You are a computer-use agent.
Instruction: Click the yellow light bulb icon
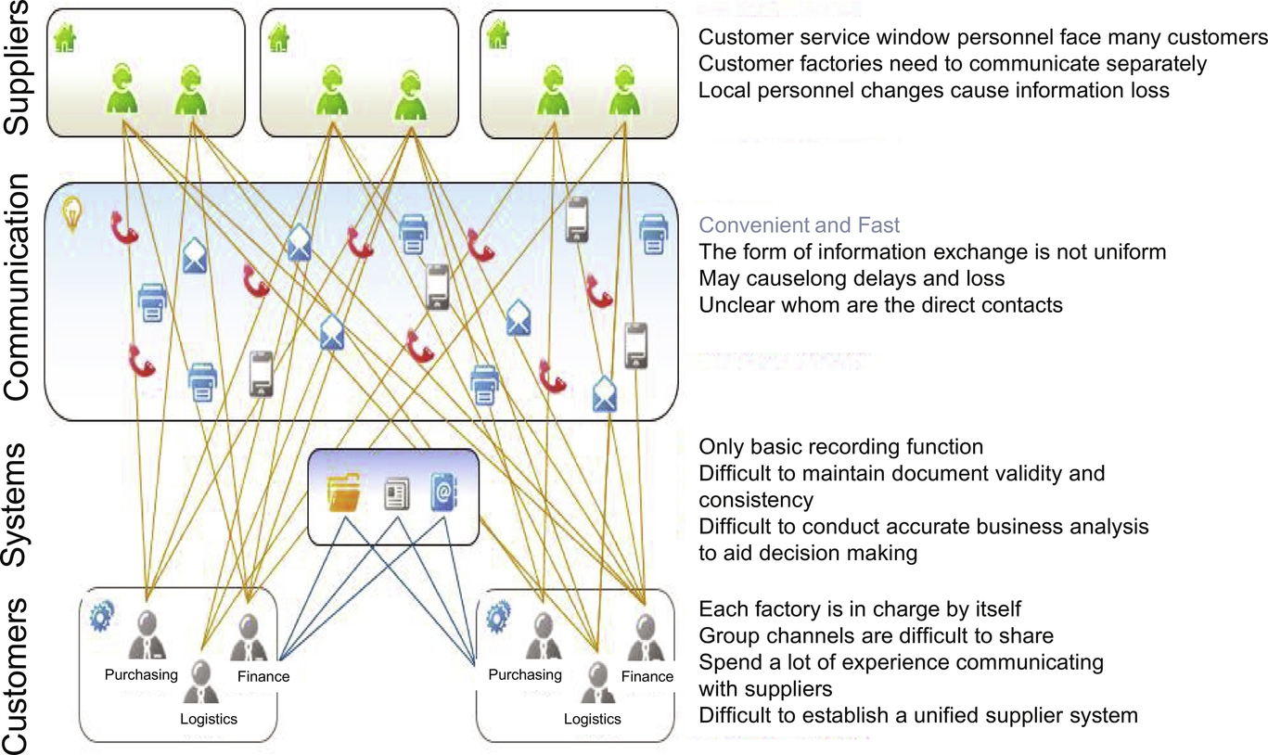(x=71, y=214)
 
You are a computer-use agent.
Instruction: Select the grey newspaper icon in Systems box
(x=396, y=494)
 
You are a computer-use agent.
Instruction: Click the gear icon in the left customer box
(x=101, y=614)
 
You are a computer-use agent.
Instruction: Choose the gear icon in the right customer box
(x=499, y=614)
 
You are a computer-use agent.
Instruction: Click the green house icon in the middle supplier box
(x=276, y=38)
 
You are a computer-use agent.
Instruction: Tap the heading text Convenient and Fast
(x=800, y=225)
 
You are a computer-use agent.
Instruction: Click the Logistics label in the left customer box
(x=209, y=719)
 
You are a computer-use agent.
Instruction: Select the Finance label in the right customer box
(x=647, y=676)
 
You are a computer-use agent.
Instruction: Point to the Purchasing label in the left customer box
(x=141, y=674)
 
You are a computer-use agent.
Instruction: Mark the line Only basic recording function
(x=840, y=447)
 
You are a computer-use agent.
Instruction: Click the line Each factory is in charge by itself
(x=859, y=609)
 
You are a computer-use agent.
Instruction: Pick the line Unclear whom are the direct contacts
(x=880, y=304)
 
